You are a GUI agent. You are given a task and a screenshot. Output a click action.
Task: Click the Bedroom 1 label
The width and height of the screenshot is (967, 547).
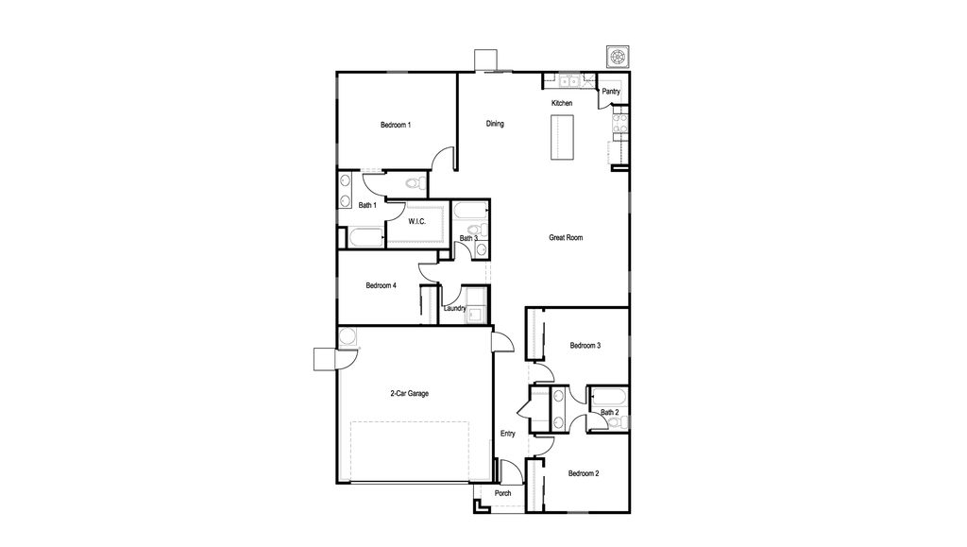tap(396, 126)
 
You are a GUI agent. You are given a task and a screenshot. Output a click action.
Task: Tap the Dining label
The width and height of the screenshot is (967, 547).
tap(495, 124)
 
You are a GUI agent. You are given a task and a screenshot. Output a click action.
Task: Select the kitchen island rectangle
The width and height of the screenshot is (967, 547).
tap(562, 137)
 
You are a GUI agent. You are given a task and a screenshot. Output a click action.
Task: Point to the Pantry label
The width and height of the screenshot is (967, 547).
tap(611, 92)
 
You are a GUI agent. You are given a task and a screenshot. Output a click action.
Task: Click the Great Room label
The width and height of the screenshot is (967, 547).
tap(566, 237)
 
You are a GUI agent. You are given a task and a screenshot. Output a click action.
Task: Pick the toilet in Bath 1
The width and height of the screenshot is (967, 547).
tap(416, 183)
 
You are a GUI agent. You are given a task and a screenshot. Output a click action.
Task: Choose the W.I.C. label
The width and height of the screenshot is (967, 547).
tap(416, 221)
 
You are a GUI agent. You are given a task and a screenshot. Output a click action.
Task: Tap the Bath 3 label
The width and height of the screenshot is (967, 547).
tap(468, 238)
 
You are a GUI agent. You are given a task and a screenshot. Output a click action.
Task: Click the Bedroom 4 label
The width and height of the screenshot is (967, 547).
tap(381, 285)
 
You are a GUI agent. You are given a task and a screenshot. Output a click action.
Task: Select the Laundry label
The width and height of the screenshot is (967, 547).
tap(454, 308)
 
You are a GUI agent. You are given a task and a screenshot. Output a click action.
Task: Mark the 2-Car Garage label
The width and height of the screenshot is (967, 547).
tap(409, 393)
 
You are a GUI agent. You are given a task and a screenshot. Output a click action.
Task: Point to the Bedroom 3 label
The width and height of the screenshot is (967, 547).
tap(585, 346)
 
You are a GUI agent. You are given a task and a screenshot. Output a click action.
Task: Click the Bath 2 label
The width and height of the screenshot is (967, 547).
tap(609, 412)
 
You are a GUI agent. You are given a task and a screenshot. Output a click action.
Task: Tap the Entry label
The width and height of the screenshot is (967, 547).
tap(507, 434)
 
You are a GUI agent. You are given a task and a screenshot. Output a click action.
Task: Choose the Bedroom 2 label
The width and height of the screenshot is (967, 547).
tap(584, 473)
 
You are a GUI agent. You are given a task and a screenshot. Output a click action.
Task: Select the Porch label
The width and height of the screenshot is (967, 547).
tap(502, 493)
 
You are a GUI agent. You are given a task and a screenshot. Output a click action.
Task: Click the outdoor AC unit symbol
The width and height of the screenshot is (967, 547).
tap(618, 57)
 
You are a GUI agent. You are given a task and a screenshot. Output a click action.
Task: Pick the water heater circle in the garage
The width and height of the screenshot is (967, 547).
tap(348, 336)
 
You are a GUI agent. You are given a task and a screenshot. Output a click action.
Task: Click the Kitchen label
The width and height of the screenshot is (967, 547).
tap(562, 103)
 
